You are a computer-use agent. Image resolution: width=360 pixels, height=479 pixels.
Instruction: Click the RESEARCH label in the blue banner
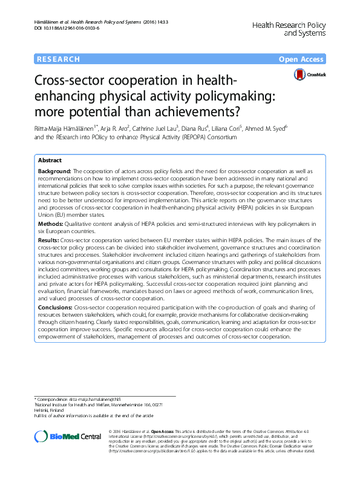point(58,59)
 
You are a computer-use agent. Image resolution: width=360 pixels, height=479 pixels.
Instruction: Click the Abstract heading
point(50,160)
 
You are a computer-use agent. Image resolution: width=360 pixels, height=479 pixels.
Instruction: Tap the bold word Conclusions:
point(56,308)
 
